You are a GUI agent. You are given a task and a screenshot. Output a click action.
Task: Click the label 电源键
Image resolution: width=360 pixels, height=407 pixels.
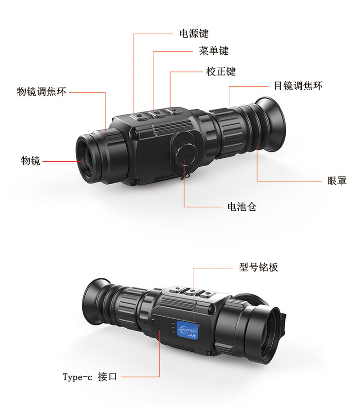pyautogui.click(x=194, y=34)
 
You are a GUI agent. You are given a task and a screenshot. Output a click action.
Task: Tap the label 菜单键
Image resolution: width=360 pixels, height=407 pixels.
pyautogui.click(x=214, y=51)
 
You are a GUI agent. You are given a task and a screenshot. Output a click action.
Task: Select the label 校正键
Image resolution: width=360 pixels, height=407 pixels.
pyautogui.click(x=221, y=72)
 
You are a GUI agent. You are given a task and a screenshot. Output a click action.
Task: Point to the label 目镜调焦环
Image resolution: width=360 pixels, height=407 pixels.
pyautogui.click(x=298, y=86)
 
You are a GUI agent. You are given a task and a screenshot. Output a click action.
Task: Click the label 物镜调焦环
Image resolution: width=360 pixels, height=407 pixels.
pyautogui.click(x=41, y=92)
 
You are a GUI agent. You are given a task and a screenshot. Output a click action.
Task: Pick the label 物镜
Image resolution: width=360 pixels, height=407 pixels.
pyautogui.click(x=31, y=161)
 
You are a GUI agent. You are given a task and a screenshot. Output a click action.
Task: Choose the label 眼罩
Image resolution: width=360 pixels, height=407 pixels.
pyautogui.click(x=337, y=181)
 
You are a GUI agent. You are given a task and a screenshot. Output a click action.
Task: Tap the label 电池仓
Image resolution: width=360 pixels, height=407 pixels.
pyautogui.click(x=242, y=207)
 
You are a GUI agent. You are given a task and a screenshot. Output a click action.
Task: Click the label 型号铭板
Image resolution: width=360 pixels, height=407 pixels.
pyautogui.click(x=258, y=267)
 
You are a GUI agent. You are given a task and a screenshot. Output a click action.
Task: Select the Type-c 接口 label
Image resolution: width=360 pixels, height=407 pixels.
pyautogui.click(x=90, y=376)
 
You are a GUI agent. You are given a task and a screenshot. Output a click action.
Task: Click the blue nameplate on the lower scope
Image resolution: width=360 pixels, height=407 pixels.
pyautogui.click(x=187, y=330)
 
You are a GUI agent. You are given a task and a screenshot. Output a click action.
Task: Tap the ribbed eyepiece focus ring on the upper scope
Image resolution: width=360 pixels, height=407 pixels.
pyautogui.click(x=231, y=132)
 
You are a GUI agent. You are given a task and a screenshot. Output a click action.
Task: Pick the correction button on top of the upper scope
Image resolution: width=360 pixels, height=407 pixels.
pyautogui.click(x=175, y=111)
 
